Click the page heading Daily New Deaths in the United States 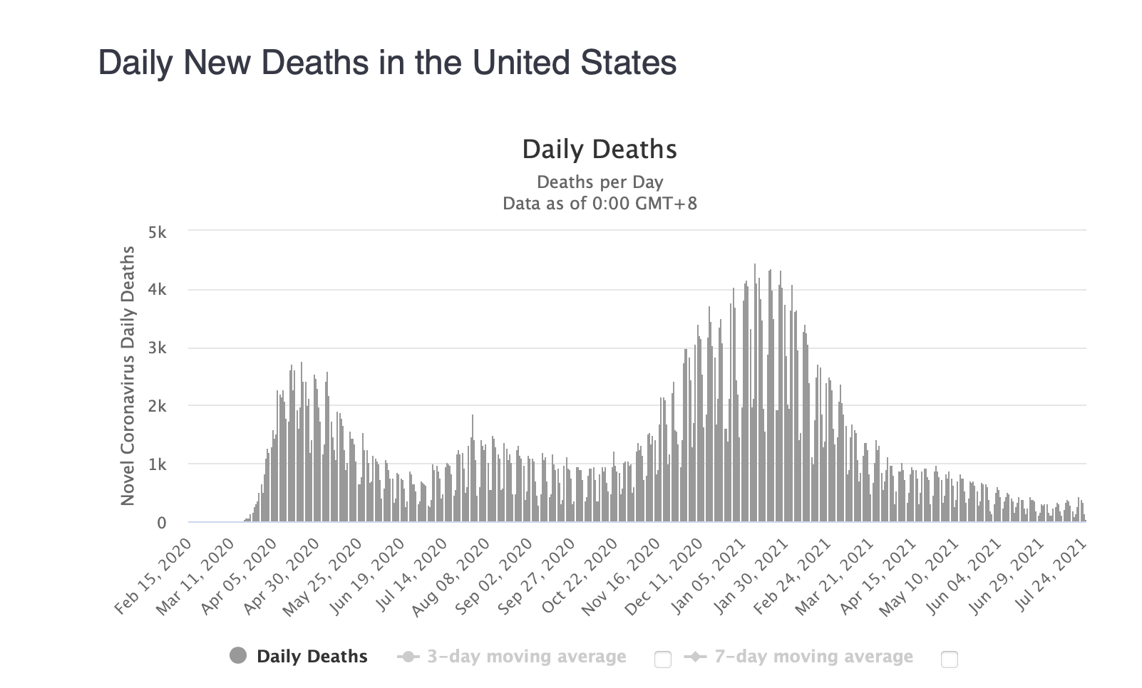pos(387,63)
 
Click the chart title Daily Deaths pos(600,149)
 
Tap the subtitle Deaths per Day pos(600,182)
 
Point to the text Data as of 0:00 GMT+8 pos(600,204)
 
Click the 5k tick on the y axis pos(157,232)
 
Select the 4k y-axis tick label pos(157,290)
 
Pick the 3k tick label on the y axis pos(157,348)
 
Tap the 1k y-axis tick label pos(157,464)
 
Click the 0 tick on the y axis pos(161,523)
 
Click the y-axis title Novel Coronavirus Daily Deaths pos(128,376)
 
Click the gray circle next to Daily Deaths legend pos(238,656)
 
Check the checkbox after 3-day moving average pos(662,659)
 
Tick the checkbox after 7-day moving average pos(949,659)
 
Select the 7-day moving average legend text pos(813,656)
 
